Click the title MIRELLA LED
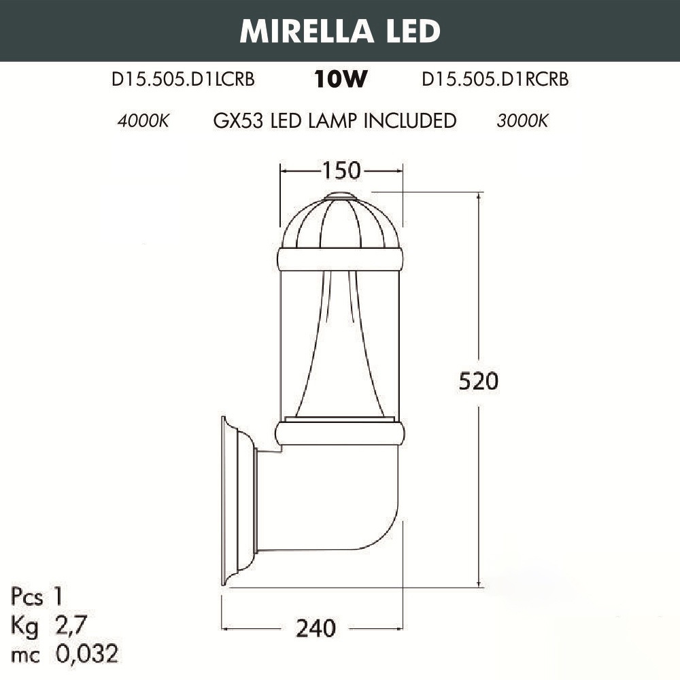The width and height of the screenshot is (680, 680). point(340,31)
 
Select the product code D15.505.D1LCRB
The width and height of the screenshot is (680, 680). point(183,80)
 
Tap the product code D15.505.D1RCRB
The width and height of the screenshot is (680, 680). point(495,80)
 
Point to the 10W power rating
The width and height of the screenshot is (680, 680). point(341,79)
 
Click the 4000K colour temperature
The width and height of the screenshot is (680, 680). point(143,120)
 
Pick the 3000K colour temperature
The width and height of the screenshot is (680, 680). point(522,120)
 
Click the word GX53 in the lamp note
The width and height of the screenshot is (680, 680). point(238,120)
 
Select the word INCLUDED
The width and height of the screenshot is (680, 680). point(410,120)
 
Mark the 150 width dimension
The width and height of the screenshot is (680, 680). point(341,171)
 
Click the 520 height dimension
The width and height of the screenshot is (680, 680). point(479,381)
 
